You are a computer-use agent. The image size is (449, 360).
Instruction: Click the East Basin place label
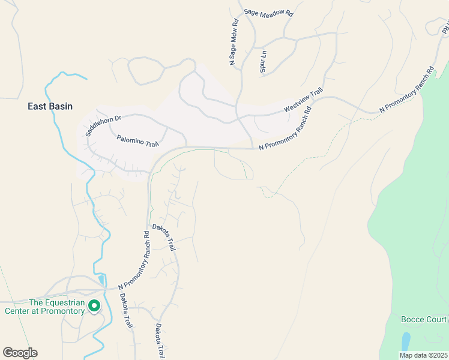pos(50,106)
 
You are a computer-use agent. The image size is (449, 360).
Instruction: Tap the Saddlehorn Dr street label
pos(103,123)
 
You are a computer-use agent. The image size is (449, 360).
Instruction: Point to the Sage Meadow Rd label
pos(268,12)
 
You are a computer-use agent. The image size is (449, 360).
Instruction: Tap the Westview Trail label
pos(303,99)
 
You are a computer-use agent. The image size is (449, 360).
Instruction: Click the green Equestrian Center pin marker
pos(94,306)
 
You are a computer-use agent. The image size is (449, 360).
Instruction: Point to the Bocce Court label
pos(424,319)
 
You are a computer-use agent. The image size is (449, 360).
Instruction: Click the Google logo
pos(20,353)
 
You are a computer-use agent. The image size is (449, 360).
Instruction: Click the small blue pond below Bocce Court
pos(406,341)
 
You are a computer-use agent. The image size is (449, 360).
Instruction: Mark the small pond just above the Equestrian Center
pos(101,280)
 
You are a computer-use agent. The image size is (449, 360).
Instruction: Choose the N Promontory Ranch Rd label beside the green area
pos(406,91)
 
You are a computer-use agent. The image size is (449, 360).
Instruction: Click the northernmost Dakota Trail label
pos(164,236)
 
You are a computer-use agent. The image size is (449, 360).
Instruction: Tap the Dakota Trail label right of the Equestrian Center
pos(125,310)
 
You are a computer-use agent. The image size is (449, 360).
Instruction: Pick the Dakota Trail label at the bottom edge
pos(160,342)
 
